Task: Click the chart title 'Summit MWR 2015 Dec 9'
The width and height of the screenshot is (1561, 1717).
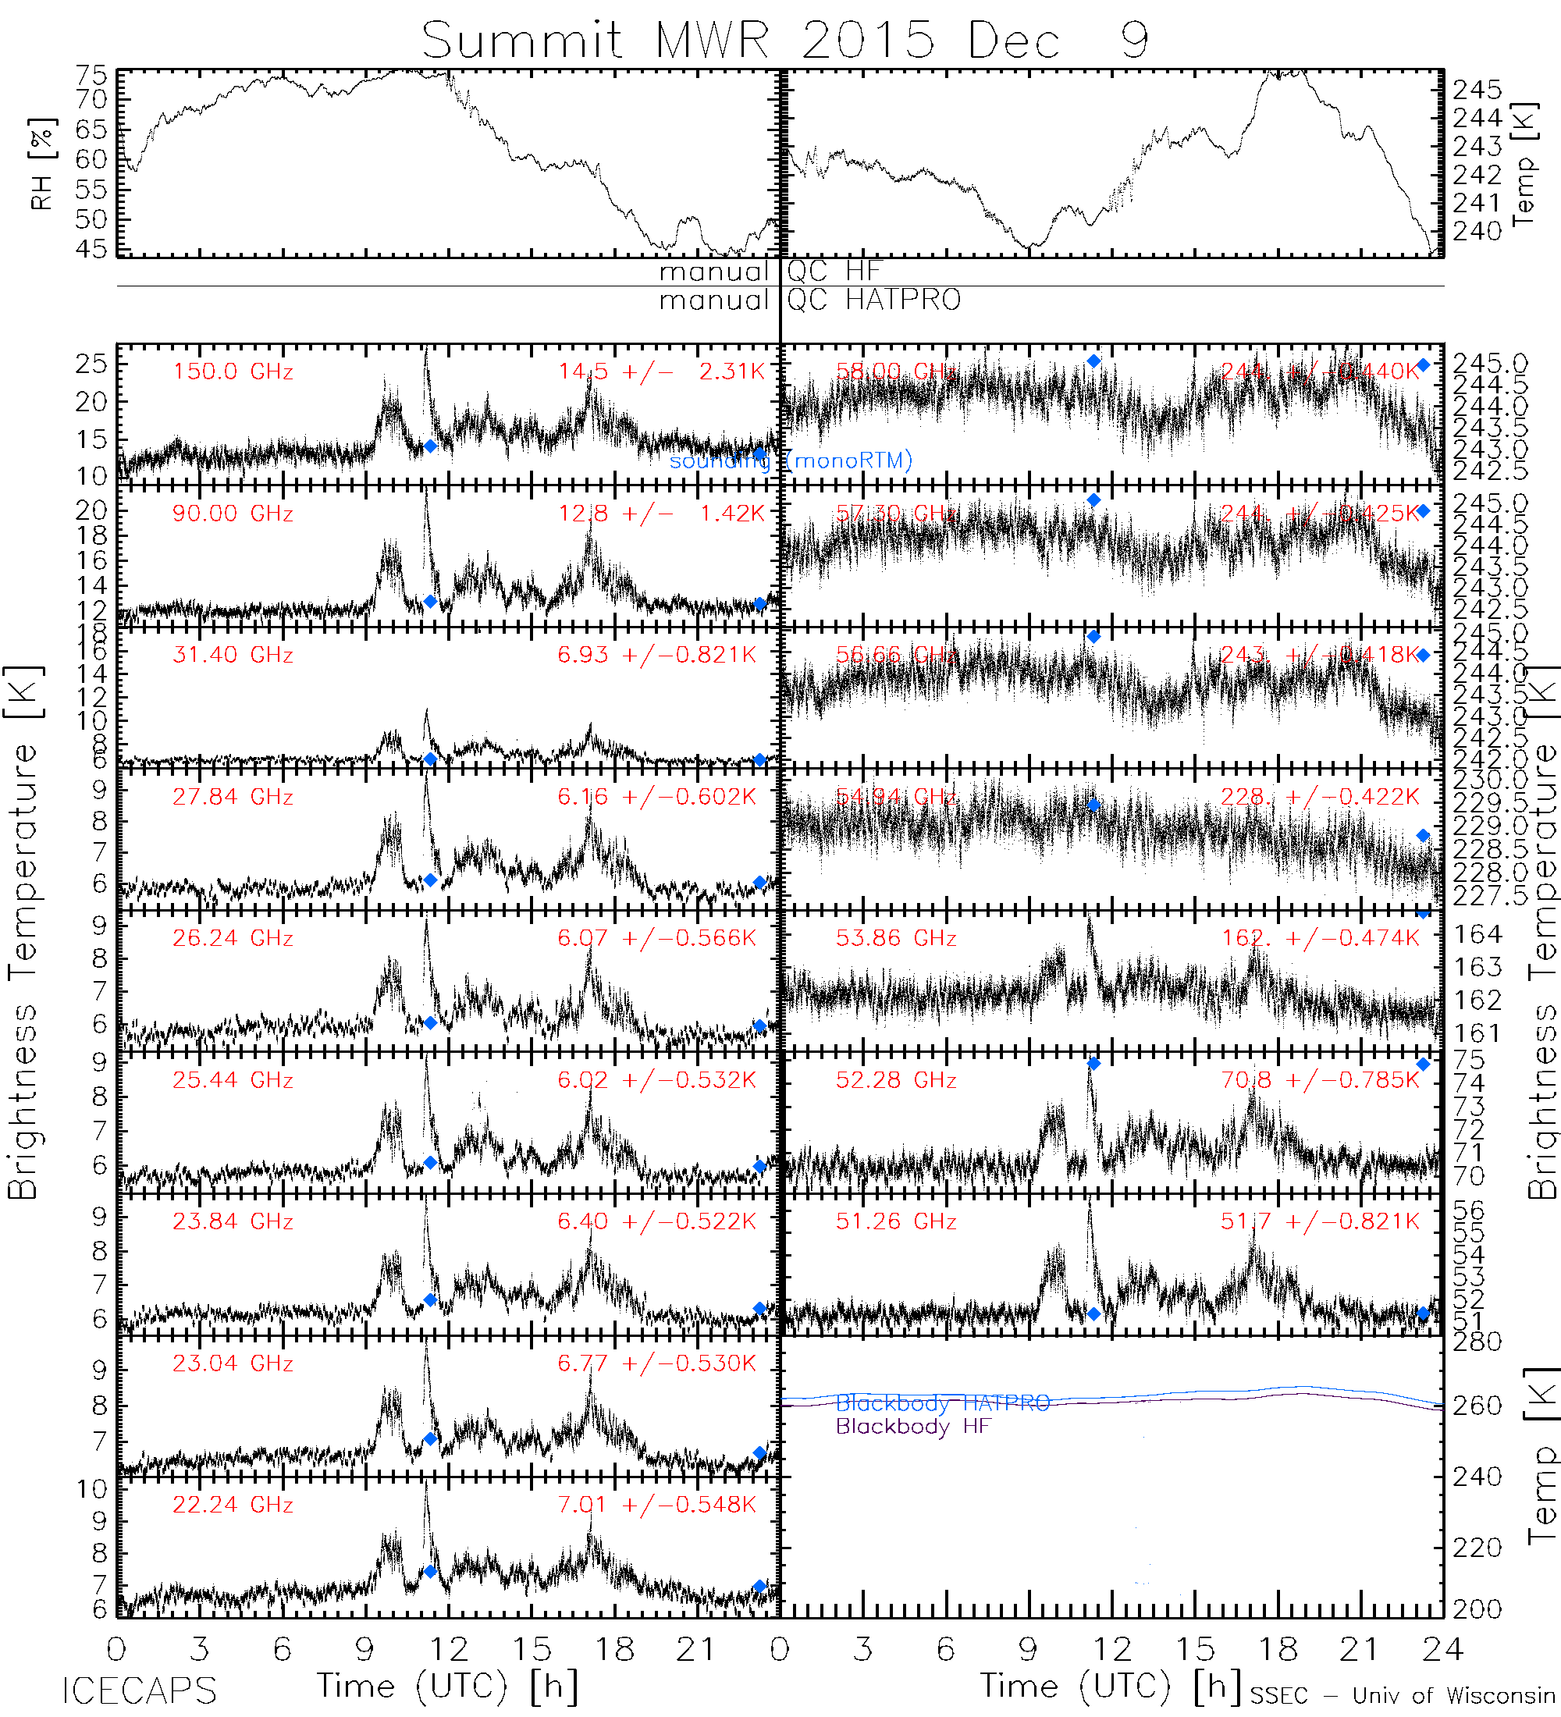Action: click(784, 39)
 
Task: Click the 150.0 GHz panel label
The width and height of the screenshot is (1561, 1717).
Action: click(233, 372)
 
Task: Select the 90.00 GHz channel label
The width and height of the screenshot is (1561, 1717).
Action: click(233, 514)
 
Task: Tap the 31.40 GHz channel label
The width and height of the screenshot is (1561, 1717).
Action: click(233, 655)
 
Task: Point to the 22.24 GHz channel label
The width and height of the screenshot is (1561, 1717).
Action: click(233, 1505)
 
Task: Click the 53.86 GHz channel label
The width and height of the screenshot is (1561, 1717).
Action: click(896, 939)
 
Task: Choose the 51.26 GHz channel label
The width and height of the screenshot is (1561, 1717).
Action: click(896, 1221)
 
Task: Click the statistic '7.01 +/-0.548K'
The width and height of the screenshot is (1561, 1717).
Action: click(656, 1505)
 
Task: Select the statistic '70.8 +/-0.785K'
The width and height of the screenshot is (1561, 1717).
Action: click(1320, 1080)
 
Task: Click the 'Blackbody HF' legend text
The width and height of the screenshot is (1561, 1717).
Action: click(913, 1427)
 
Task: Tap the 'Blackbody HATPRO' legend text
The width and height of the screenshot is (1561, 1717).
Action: click(943, 1403)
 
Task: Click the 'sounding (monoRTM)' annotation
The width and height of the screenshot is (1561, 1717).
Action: click(791, 460)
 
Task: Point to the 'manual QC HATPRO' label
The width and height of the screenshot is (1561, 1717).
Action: click(809, 300)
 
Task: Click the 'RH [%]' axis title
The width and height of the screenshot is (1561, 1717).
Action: click(41, 164)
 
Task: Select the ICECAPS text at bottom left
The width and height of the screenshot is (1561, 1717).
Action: click(139, 1690)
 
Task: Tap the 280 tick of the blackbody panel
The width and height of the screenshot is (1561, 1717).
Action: click(1477, 1342)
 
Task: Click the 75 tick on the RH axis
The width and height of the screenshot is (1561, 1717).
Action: click(92, 75)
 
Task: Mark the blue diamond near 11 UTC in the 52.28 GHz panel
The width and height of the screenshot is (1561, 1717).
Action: click(1093, 1064)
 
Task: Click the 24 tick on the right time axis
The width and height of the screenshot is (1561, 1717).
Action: click(1442, 1650)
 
